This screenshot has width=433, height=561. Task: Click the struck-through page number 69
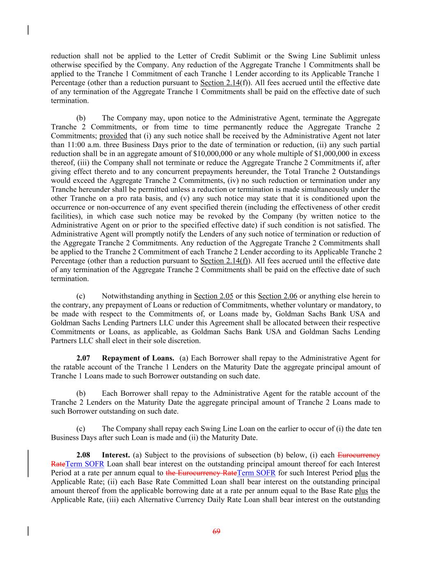(216, 531)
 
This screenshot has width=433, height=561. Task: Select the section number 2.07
(83, 358)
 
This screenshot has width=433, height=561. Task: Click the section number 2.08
(83, 455)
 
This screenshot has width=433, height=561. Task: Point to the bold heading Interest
(116, 455)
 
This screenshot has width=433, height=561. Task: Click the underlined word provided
(113, 136)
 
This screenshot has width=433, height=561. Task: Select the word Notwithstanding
(126, 296)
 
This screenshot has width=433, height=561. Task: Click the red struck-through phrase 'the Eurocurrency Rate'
(201, 473)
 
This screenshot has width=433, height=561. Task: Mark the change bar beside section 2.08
(28, 464)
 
